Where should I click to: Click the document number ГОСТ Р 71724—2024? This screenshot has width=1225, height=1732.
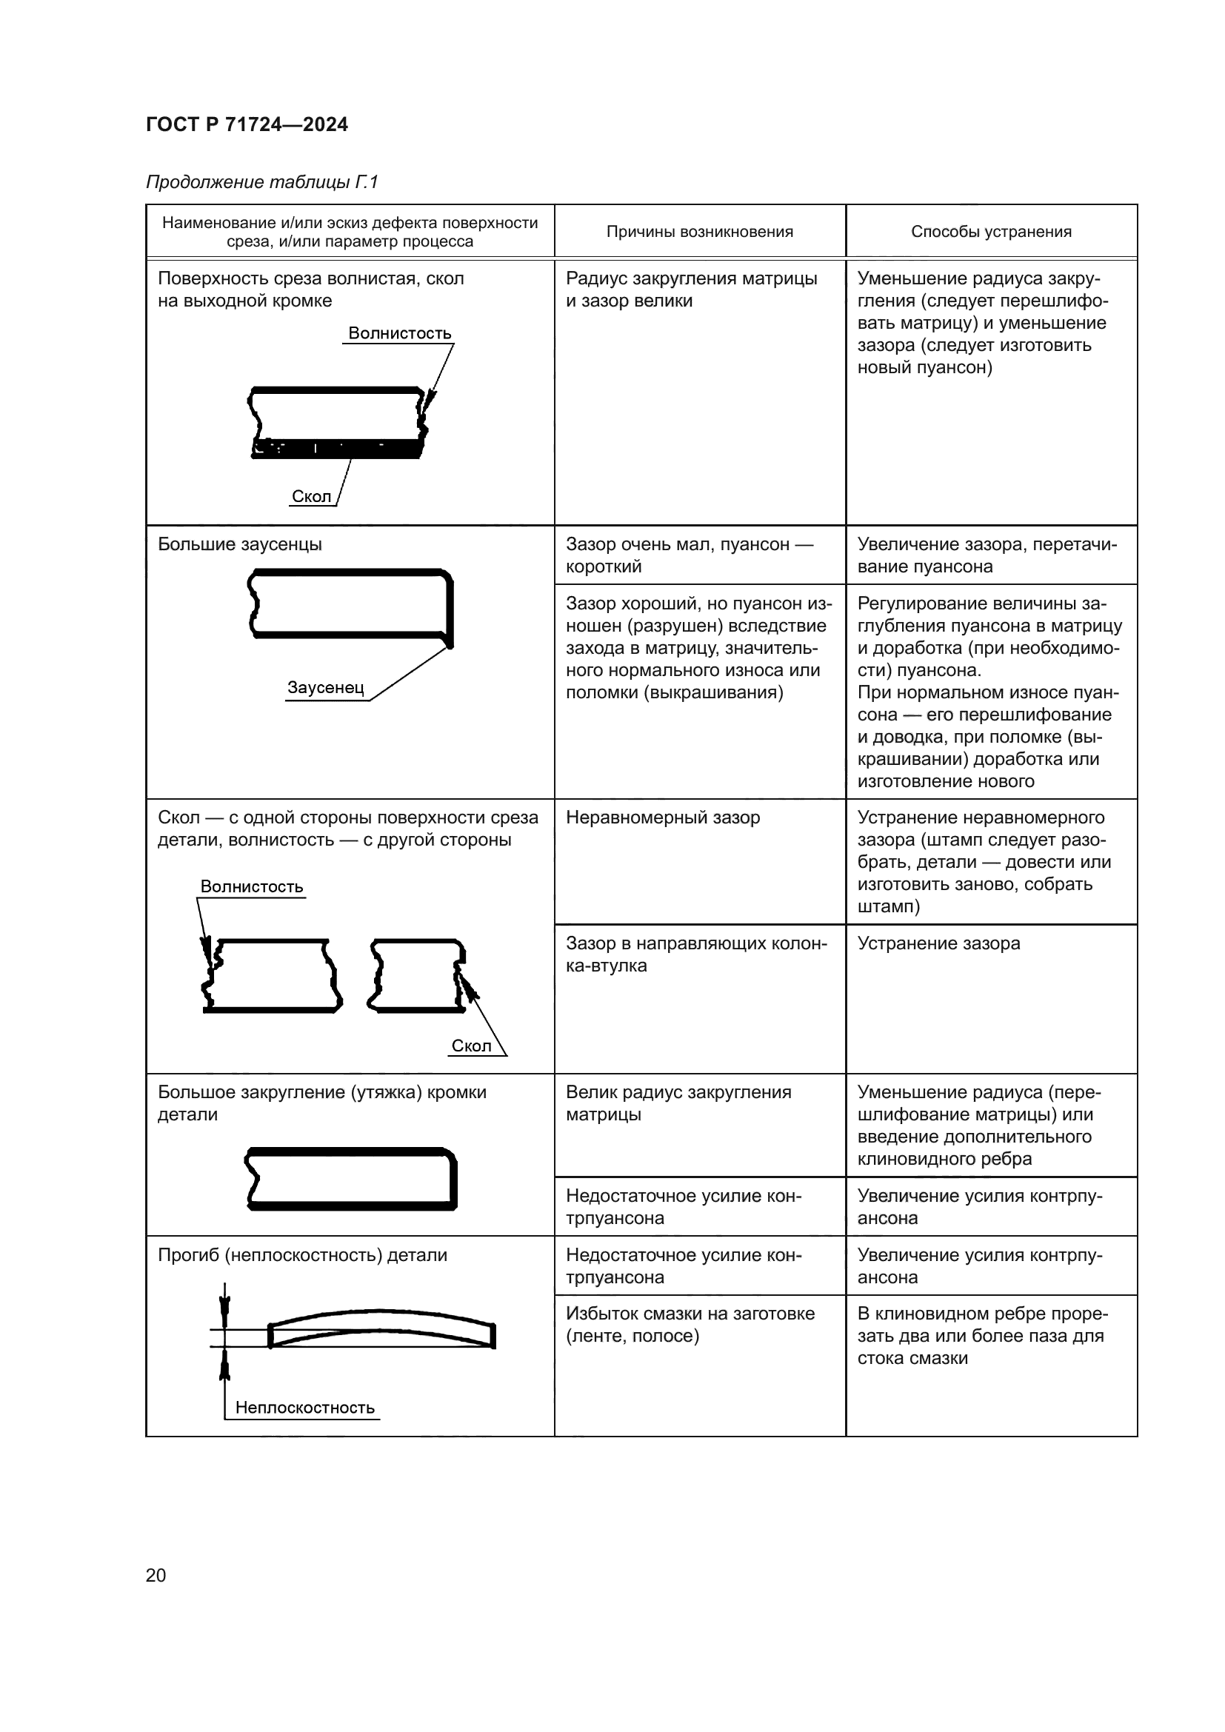pos(247,124)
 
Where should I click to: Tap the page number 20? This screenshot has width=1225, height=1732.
pos(156,1575)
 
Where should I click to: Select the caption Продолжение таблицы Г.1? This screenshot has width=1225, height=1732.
pos(261,182)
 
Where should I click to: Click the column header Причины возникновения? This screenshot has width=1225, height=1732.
pos(699,232)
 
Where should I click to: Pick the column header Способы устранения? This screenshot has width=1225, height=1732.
pos(990,232)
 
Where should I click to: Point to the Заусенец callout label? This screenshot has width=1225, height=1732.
pos(325,688)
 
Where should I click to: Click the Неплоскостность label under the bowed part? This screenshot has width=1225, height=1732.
pos(304,1408)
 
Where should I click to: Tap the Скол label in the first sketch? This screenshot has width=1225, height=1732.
pos(312,496)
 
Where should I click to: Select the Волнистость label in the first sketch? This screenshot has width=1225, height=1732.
pos(400,333)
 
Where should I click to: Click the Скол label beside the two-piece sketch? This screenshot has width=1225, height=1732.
pos(471,1046)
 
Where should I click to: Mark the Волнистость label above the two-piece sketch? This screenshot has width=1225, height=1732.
pos(252,886)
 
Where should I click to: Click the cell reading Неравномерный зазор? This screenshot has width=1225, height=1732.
pos(662,817)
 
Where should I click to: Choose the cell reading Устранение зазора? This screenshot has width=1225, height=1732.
pos(938,943)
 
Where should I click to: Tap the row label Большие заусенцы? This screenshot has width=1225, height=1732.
pos(240,545)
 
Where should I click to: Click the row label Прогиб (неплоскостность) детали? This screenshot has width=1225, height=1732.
pos(302,1255)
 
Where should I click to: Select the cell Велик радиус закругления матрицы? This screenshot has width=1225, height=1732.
pos(678,1103)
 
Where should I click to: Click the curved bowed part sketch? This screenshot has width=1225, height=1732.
pos(381,1329)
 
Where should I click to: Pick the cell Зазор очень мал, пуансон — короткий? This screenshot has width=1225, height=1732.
pos(689,555)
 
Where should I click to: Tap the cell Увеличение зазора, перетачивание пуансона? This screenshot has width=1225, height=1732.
pos(987,555)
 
